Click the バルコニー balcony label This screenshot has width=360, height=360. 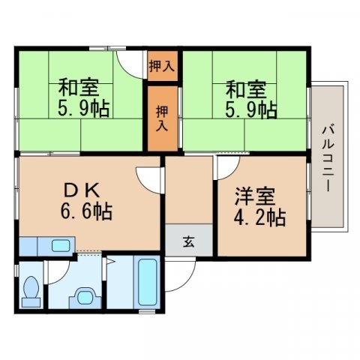pos(328,156)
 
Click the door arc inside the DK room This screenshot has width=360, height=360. pos(148,178)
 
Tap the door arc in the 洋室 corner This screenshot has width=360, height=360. pos(225,167)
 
